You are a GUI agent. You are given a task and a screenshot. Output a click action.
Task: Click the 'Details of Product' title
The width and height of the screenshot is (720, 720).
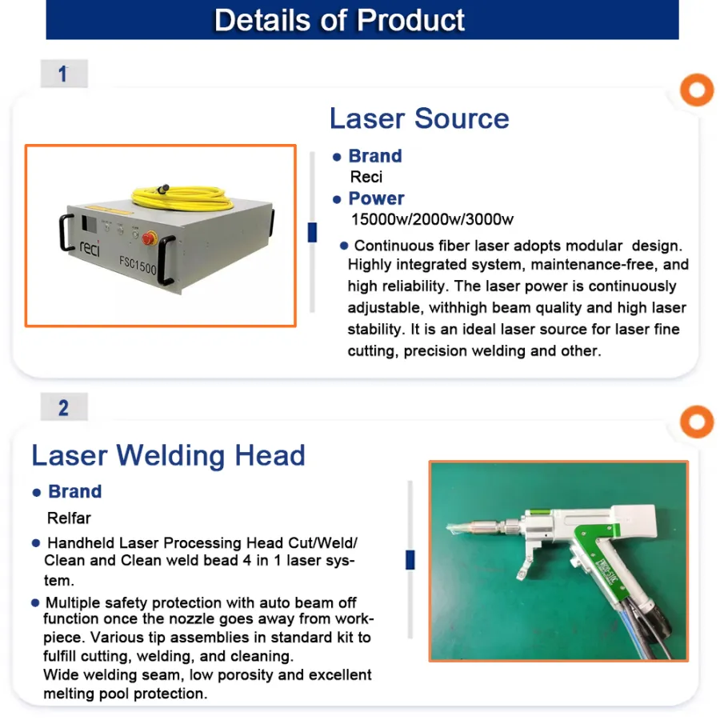point(339,20)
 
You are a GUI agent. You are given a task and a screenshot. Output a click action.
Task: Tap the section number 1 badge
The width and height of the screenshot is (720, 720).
point(64,74)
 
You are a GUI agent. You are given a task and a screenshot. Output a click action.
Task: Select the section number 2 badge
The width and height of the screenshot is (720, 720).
point(64,407)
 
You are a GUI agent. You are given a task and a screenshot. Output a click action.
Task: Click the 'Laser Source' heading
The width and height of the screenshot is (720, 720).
point(419,118)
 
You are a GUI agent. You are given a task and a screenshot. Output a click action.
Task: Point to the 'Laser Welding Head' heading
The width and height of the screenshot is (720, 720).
point(168,455)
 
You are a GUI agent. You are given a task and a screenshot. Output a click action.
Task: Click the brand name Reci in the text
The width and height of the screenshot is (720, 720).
point(366,177)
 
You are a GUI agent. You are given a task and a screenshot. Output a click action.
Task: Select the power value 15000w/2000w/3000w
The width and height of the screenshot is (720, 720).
point(432,219)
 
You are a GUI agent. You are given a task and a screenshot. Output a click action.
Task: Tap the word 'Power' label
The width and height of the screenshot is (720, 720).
point(376,198)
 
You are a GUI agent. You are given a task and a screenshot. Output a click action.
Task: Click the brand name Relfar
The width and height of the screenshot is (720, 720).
point(69,518)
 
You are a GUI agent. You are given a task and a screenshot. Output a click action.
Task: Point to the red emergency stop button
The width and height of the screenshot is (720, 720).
point(149,238)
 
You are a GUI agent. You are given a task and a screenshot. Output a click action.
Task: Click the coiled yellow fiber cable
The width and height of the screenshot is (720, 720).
point(182,198)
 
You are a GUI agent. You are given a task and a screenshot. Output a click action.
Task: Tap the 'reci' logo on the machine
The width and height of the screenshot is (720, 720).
point(90,249)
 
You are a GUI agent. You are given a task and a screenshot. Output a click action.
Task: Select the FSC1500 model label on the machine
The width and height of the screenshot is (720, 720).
point(138,265)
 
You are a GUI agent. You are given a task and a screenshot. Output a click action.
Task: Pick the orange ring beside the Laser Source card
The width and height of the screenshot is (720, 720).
point(697,90)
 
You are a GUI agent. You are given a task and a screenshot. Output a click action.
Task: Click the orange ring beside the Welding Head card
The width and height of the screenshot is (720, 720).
point(697,422)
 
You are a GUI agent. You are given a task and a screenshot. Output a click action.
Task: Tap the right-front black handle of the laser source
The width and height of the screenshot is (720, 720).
point(166,260)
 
